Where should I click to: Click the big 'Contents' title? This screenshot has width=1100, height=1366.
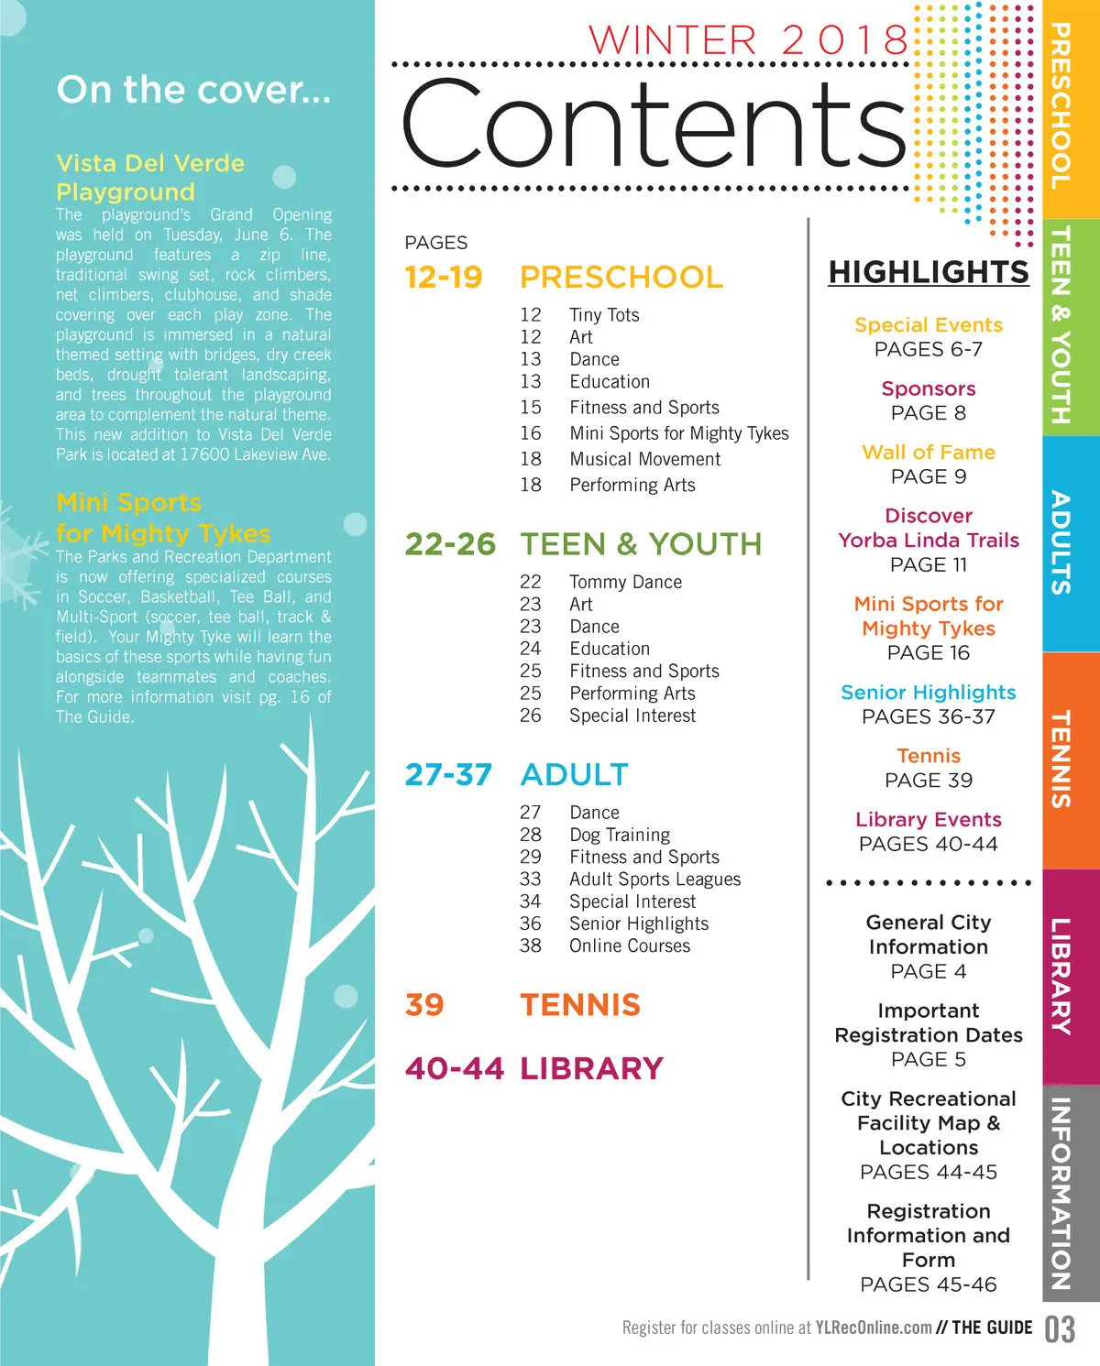(653, 124)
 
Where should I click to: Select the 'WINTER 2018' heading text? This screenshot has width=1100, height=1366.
(747, 40)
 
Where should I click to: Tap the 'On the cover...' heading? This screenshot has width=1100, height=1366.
(193, 90)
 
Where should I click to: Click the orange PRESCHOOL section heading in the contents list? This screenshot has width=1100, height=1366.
(621, 277)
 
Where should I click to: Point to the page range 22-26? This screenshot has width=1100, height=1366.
(450, 544)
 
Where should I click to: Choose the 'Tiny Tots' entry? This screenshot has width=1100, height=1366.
(604, 315)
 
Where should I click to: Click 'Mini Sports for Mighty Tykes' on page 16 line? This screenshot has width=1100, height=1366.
(678, 433)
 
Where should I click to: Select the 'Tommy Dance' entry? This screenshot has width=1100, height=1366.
(625, 582)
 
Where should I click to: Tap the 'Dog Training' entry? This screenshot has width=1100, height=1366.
(620, 835)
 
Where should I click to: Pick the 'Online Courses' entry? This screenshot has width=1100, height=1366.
(630, 945)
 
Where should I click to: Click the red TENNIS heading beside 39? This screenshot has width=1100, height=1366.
(580, 1005)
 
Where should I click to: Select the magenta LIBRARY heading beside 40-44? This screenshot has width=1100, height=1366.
(591, 1068)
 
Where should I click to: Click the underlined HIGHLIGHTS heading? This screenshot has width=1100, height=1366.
(929, 272)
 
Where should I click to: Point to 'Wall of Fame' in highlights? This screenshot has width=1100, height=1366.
(929, 453)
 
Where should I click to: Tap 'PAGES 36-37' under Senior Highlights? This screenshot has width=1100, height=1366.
(929, 716)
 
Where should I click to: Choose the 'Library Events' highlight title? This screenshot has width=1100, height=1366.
(929, 820)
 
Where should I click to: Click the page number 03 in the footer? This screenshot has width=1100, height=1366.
(1060, 1329)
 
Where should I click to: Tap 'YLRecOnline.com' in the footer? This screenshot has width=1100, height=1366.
(874, 1328)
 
